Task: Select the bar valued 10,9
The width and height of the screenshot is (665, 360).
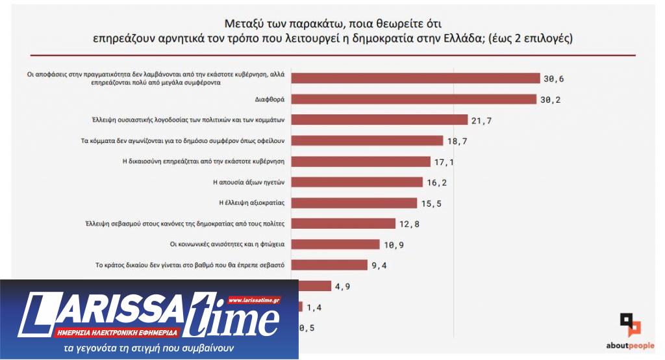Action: coord(338,244)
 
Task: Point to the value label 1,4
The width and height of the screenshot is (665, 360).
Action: coord(315,307)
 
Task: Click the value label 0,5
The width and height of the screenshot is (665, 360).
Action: coord(307,328)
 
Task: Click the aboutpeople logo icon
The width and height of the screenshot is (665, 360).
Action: coord(629,324)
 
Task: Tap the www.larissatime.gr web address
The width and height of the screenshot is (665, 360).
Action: coord(254,300)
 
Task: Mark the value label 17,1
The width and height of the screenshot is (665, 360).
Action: coord(445,162)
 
